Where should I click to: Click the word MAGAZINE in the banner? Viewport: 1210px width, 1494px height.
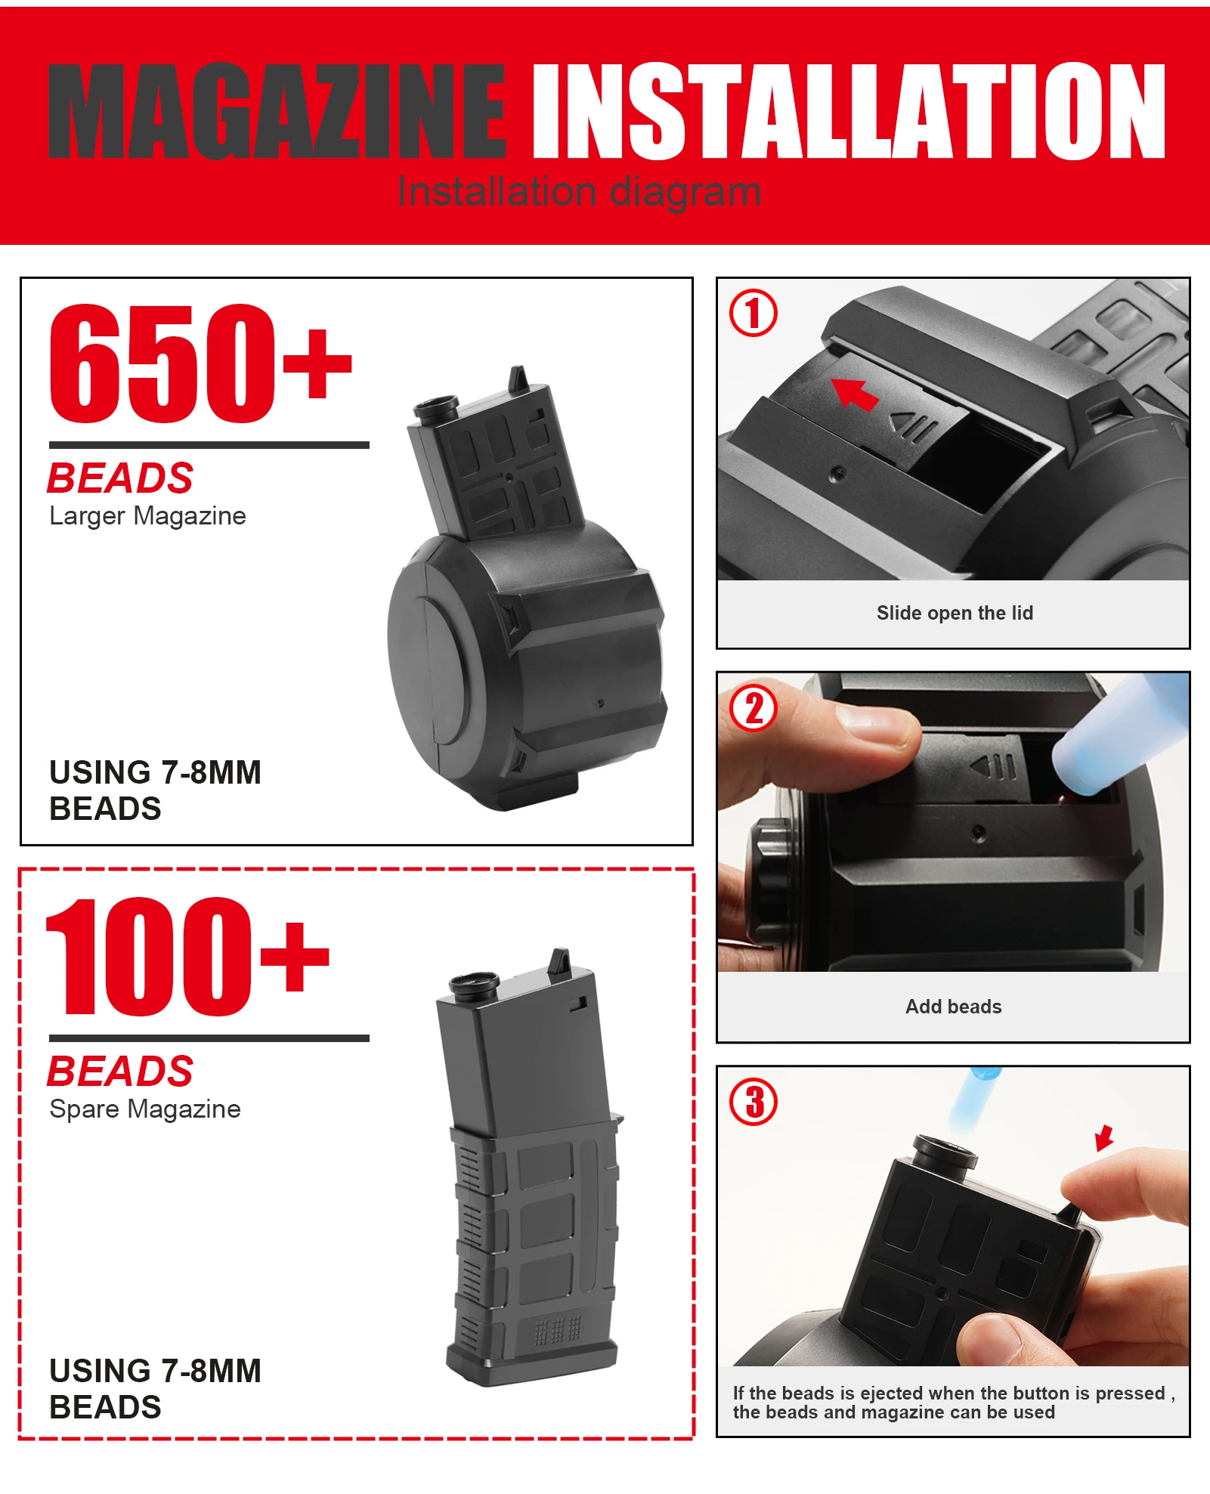(x=277, y=111)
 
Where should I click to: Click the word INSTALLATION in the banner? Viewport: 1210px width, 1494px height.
(x=849, y=111)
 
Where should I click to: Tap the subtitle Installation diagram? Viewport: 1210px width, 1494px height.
(x=579, y=192)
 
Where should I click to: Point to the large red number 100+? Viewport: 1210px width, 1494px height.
(x=187, y=957)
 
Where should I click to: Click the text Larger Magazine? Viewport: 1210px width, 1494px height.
(x=147, y=516)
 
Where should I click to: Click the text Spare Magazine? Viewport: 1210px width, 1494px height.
(x=145, y=1109)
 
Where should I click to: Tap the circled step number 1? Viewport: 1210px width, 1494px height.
(x=753, y=313)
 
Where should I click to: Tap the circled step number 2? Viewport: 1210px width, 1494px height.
(x=753, y=708)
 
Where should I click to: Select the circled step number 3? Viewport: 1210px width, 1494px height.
(x=753, y=1102)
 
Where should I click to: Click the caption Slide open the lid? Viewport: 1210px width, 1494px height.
(x=955, y=613)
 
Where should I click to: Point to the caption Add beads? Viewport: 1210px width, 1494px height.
(x=954, y=1007)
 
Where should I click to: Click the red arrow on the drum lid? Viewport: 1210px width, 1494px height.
(x=855, y=393)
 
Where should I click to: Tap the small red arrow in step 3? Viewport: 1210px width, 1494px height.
(x=1105, y=1137)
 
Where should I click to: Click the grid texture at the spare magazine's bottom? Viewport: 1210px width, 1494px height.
(x=558, y=1332)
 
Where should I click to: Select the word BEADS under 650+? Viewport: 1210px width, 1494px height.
(x=120, y=478)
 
